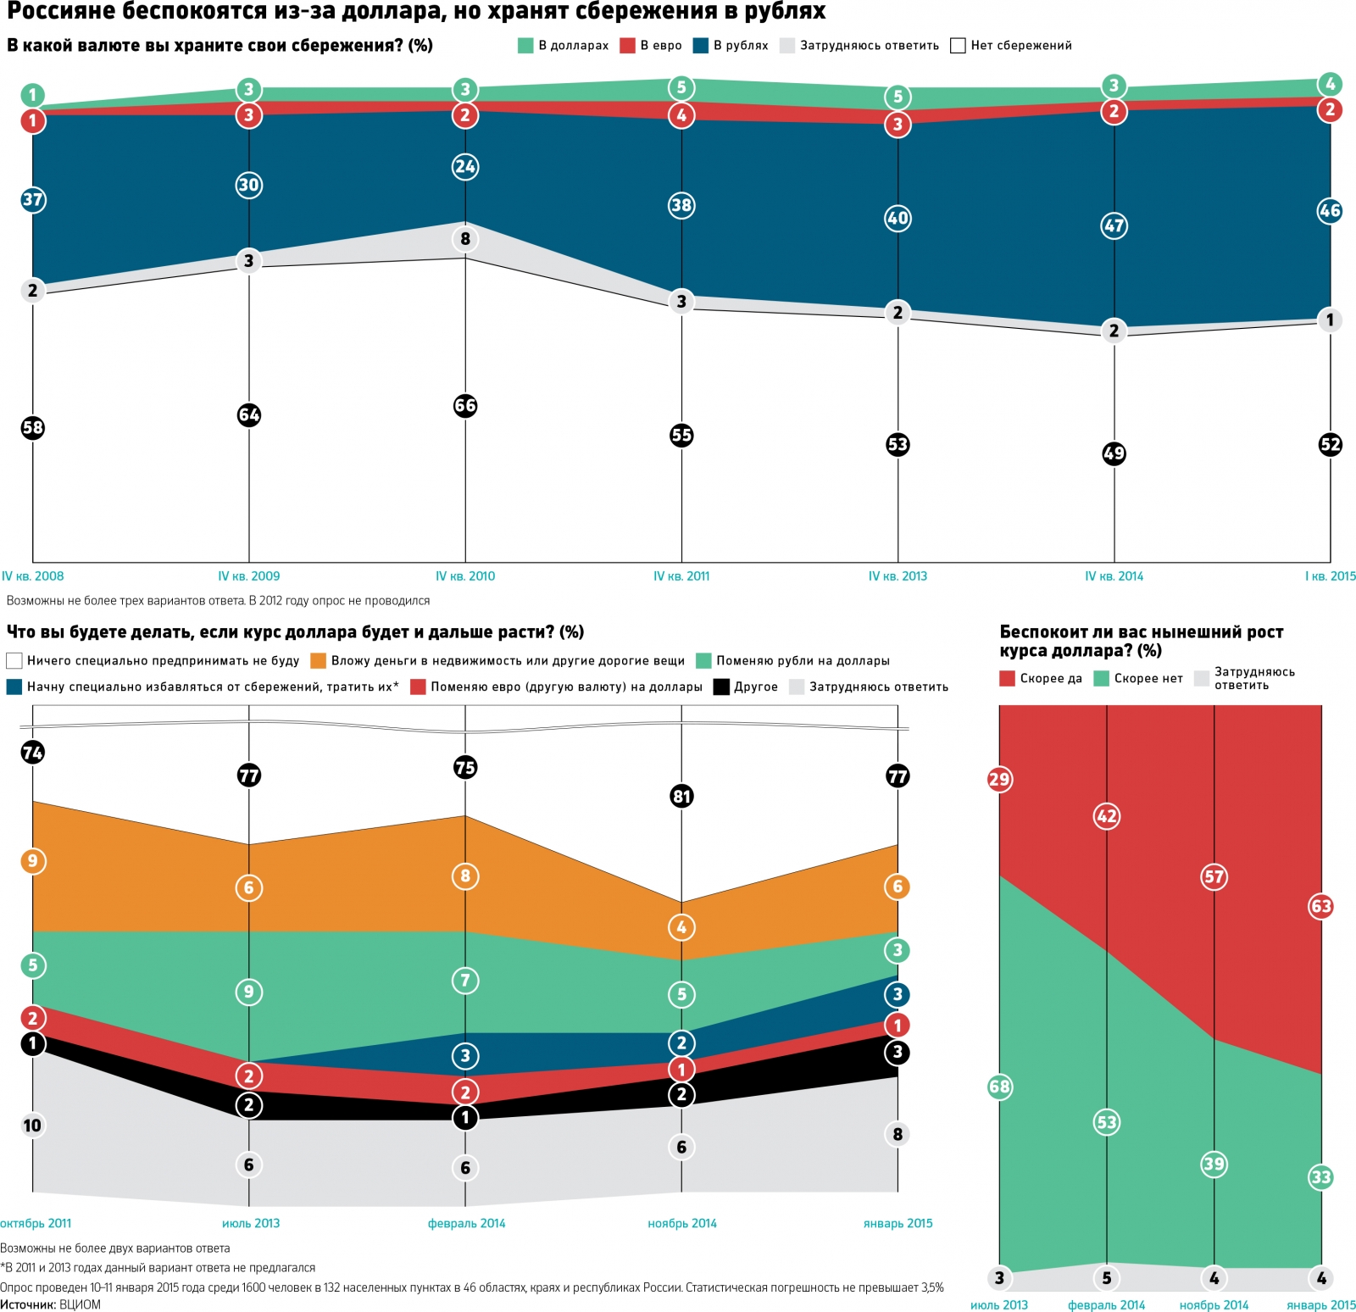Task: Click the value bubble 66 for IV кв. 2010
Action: pos(465,405)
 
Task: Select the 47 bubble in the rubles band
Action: pos(1114,225)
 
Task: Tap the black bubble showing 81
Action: pos(681,796)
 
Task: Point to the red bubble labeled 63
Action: pos(1321,906)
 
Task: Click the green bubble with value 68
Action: pos(999,1087)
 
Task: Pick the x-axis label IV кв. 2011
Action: pos(681,576)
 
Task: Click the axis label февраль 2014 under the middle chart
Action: pos(466,1223)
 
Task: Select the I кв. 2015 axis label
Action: pos(1330,576)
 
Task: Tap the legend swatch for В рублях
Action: pos(701,46)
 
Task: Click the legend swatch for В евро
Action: pos(627,46)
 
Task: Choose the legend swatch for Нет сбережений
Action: pos(958,46)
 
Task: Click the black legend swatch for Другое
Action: pos(721,687)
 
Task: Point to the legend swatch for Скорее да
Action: pos(1007,678)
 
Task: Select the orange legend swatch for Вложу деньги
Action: pos(319,660)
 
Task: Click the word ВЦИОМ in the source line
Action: pos(80,1304)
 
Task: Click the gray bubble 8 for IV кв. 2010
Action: pos(465,239)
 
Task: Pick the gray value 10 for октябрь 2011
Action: pos(32,1126)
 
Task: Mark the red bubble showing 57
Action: pos(1214,876)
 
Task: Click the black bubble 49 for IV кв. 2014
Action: pos(1114,453)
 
